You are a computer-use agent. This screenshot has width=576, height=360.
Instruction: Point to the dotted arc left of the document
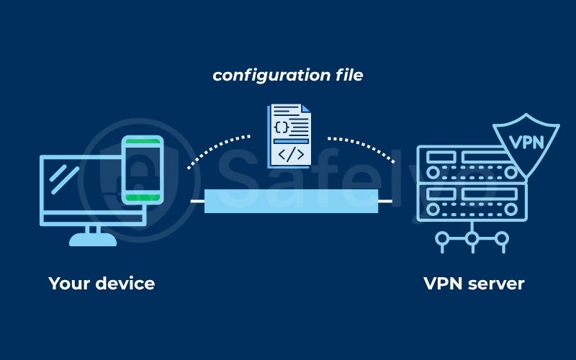click(216, 147)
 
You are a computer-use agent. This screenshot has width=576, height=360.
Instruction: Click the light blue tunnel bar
click(291, 201)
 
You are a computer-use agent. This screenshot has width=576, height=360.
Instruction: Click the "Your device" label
click(102, 283)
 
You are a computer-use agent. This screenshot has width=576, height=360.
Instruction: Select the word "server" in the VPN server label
click(493, 283)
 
